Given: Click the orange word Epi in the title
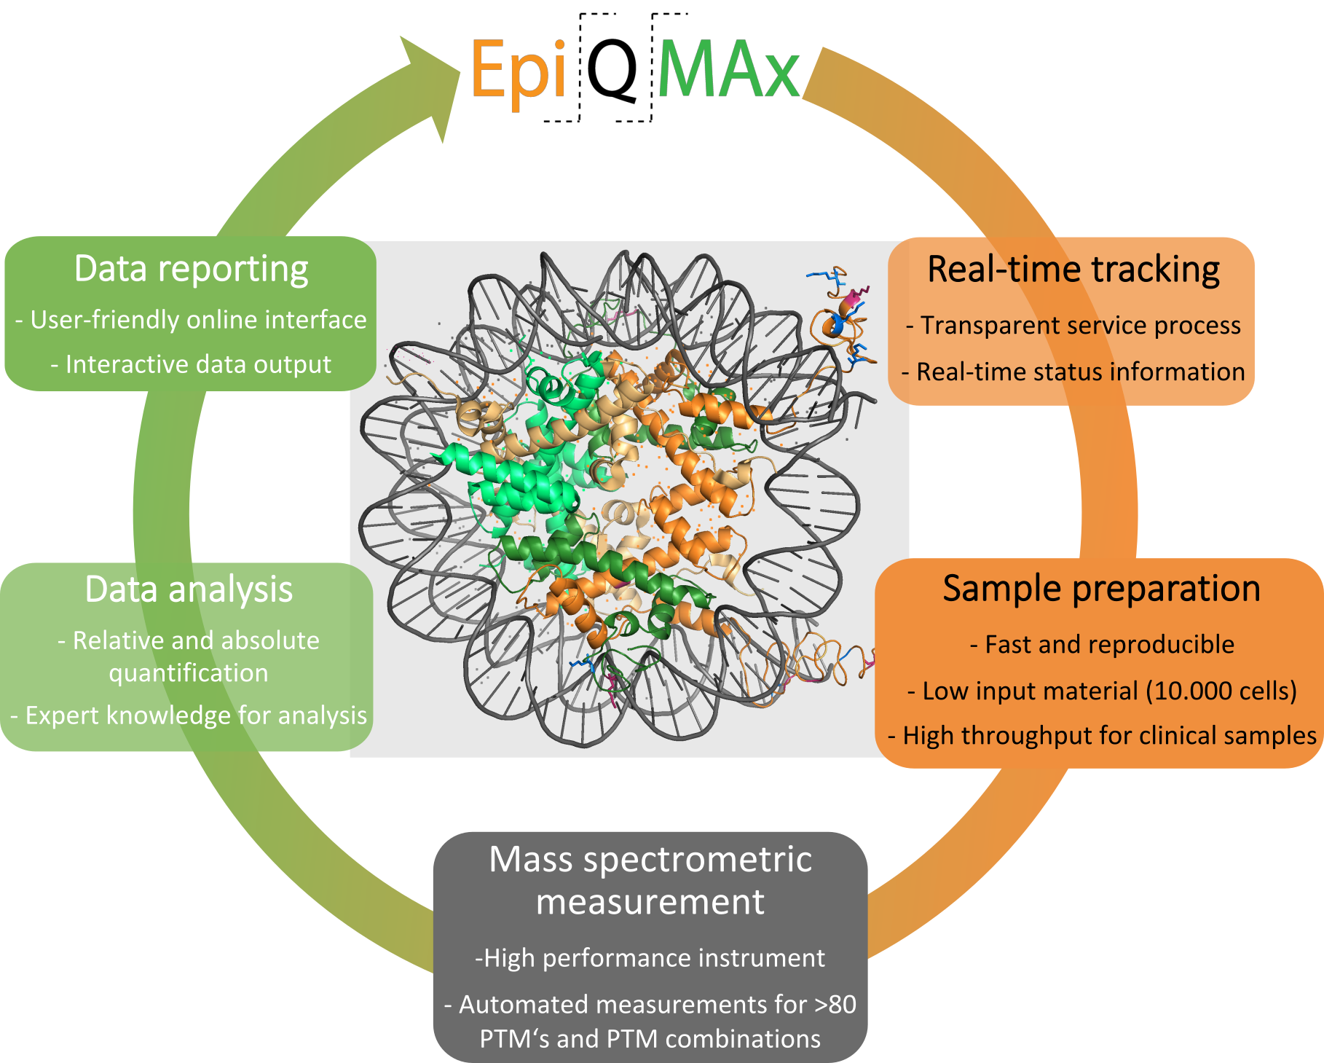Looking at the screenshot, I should coord(518,69).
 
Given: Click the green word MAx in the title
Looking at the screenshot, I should coord(728,69).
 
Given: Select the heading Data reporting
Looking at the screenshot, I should coord(191,269).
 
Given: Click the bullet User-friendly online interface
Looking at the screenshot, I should coord(191,320).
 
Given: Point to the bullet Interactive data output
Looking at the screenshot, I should coord(191,364).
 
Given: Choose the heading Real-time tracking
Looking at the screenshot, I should coord(1073,270).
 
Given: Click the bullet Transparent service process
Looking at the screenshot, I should coord(1073,325).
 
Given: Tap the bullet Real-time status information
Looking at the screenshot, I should coord(1073,372).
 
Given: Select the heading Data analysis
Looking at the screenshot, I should coord(189,589).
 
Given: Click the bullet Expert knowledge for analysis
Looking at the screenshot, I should coord(189,715).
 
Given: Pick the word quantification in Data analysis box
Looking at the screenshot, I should coord(189,673).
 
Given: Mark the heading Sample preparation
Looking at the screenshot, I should coord(1101,589).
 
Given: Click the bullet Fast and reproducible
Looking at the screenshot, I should coord(1102,645).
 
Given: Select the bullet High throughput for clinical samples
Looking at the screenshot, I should coord(1102,736).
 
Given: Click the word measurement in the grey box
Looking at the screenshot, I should coord(650,902).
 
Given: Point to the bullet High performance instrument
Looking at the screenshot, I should coord(650,958).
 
